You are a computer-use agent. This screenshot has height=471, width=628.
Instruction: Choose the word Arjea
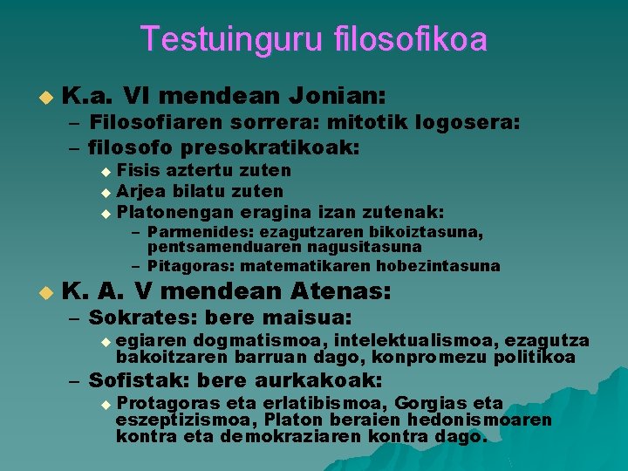[x=138, y=191]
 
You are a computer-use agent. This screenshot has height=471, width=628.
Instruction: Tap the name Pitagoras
[x=184, y=266]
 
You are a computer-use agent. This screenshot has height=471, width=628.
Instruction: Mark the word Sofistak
[x=140, y=380]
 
